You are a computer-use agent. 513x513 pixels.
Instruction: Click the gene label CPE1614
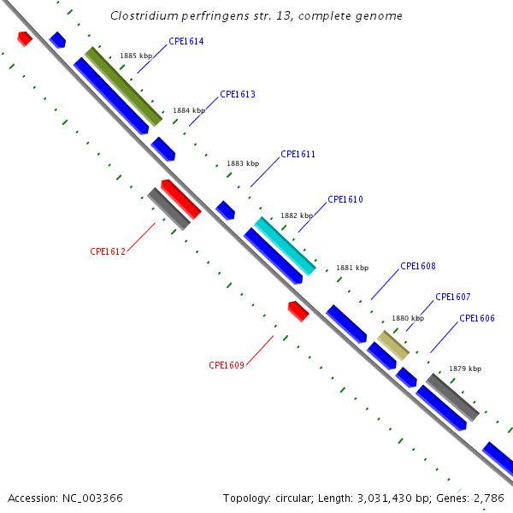tap(186, 41)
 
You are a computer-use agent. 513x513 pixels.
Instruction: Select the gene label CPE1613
tap(238, 95)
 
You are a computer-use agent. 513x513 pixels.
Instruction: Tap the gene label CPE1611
tap(298, 155)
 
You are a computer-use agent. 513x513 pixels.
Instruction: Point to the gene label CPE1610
tap(345, 200)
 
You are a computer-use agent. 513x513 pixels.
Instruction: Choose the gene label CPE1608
tap(418, 267)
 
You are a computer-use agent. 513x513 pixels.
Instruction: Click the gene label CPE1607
tap(453, 298)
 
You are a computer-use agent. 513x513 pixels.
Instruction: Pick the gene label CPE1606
tap(477, 319)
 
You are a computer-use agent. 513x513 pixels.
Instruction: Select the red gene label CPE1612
tap(108, 252)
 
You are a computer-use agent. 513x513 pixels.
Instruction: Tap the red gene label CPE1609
tap(227, 366)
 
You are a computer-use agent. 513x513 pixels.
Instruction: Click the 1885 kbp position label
tap(136, 56)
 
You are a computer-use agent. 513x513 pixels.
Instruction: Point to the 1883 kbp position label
tap(243, 163)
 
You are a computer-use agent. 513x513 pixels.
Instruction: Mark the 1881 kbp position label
tap(352, 268)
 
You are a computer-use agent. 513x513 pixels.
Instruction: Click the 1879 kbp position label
tap(465, 369)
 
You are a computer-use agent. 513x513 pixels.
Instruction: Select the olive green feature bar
tap(123, 85)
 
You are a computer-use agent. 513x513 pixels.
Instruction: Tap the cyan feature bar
tap(286, 246)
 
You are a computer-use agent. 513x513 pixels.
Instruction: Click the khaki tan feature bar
tap(394, 345)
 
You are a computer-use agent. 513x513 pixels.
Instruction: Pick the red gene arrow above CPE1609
tap(298, 311)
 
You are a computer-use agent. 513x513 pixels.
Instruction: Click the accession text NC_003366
tap(91, 498)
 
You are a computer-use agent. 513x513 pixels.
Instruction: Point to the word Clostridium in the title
tap(143, 16)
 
